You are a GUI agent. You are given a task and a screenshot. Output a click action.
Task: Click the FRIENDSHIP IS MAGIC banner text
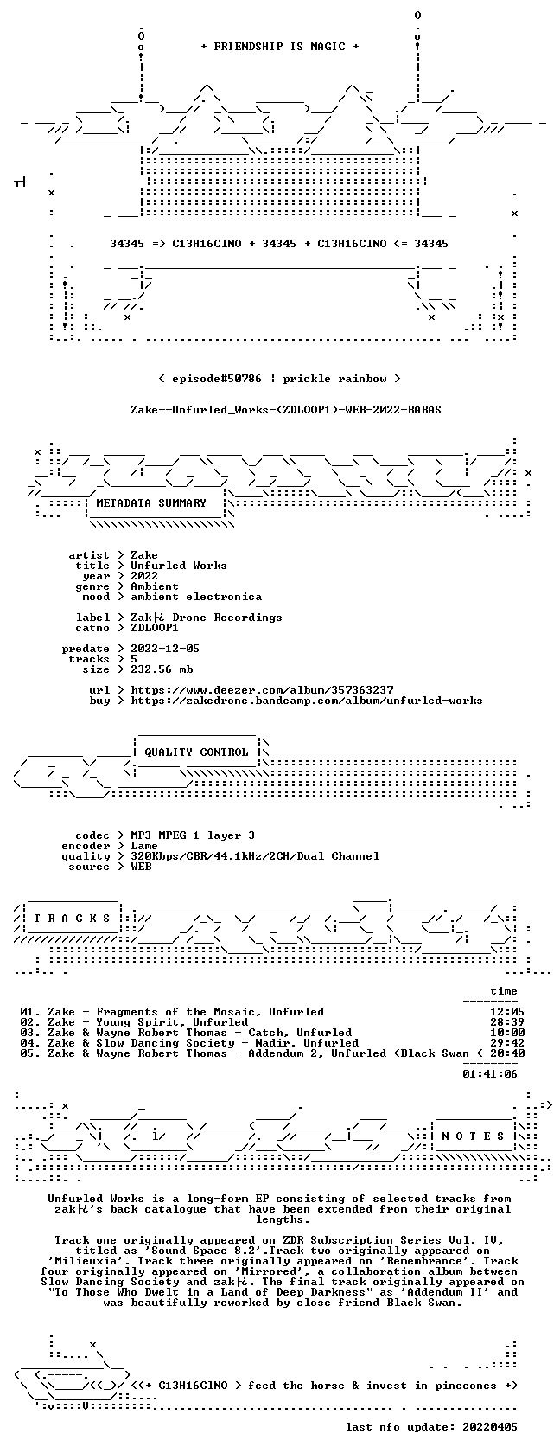[x=280, y=47]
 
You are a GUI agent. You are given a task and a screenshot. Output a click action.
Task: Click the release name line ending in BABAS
[x=286, y=410]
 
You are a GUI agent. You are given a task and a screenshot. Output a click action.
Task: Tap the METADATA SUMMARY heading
[x=151, y=503]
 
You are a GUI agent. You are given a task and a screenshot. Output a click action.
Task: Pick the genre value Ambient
[x=154, y=586]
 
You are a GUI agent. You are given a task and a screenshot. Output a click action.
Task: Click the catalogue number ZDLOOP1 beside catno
[x=154, y=628]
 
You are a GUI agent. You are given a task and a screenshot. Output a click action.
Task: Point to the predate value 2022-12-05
[x=164, y=649]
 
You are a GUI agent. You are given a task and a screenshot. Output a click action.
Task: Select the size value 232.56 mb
[x=162, y=669]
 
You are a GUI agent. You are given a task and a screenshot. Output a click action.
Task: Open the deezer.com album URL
[x=262, y=690]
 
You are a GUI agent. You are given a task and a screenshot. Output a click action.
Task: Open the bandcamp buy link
[x=307, y=701]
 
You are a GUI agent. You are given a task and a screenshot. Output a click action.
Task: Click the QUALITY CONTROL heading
[x=196, y=752]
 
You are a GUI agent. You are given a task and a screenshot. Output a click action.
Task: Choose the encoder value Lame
[x=143, y=846]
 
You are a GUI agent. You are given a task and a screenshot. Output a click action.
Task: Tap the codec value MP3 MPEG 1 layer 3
[x=193, y=835]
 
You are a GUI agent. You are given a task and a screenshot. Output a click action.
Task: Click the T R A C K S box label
[x=71, y=919]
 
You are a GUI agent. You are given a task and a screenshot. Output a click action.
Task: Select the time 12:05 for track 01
[x=506, y=1012]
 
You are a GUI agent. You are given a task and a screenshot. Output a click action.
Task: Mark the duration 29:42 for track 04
[x=506, y=1043]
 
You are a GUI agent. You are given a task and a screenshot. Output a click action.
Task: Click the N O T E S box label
[x=474, y=1136]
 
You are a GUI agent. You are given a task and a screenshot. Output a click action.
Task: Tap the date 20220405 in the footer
[x=490, y=1427]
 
